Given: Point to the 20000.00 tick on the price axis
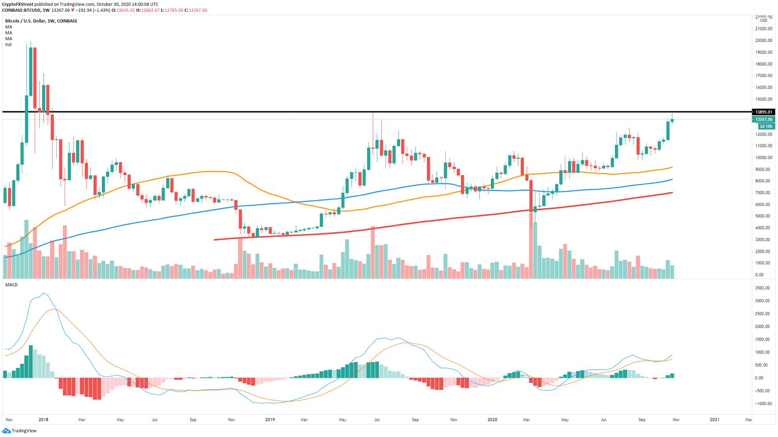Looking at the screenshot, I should [x=763, y=41].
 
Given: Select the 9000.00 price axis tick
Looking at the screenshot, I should [x=763, y=169].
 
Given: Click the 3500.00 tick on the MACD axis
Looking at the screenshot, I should [x=763, y=288].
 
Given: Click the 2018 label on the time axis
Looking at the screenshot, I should [x=44, y=420].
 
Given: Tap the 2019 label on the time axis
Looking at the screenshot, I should [x=270, y=420].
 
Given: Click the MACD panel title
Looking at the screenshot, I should [x=11, y=285].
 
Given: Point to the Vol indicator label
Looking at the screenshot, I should [x=8, y=45].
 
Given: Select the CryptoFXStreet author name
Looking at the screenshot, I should [x=21, y=4].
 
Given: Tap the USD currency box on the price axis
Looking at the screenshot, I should [x=763, y=21].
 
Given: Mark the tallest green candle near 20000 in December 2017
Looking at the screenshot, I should [x=31, y=71].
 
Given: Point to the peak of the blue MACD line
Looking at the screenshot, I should [x=45, y=293].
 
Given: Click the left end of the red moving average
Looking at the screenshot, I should [x=215, y=240].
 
